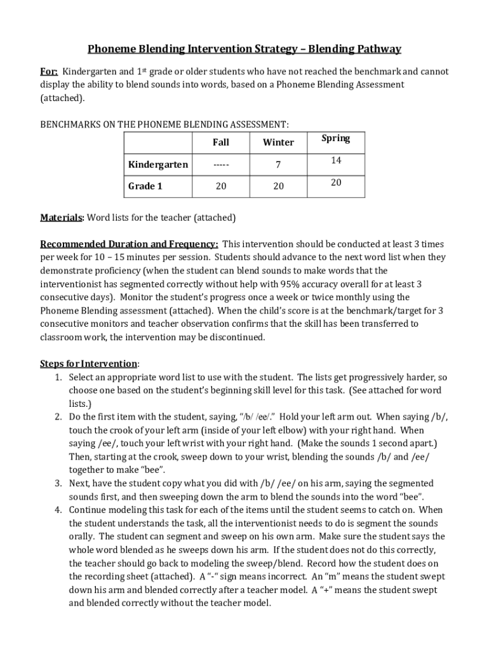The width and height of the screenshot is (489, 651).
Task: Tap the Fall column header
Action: pos(220,142)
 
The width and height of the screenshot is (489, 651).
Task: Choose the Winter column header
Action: pos(278,142)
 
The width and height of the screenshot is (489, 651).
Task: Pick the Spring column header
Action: pos(335,139)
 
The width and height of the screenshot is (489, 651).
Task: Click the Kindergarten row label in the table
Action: pos(158,165)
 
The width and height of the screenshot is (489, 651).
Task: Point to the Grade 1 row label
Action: pos(142,186)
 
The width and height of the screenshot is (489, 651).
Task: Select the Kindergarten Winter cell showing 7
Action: pos(278,165)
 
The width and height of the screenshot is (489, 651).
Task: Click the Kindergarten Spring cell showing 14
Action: pos(336,161)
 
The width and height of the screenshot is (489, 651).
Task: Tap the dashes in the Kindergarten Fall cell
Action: pos(220,165)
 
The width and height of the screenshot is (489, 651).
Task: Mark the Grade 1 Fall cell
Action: pos(220,186)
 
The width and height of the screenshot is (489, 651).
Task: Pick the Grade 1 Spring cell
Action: pos(336,182)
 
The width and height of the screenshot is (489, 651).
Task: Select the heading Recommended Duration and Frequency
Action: pos(130,244)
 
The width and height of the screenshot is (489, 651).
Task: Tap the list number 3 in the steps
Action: pos(57,483)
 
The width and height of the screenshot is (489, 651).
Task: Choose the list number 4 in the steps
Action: pos(57,510)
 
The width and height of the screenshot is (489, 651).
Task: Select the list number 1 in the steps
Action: pos(57,377)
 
